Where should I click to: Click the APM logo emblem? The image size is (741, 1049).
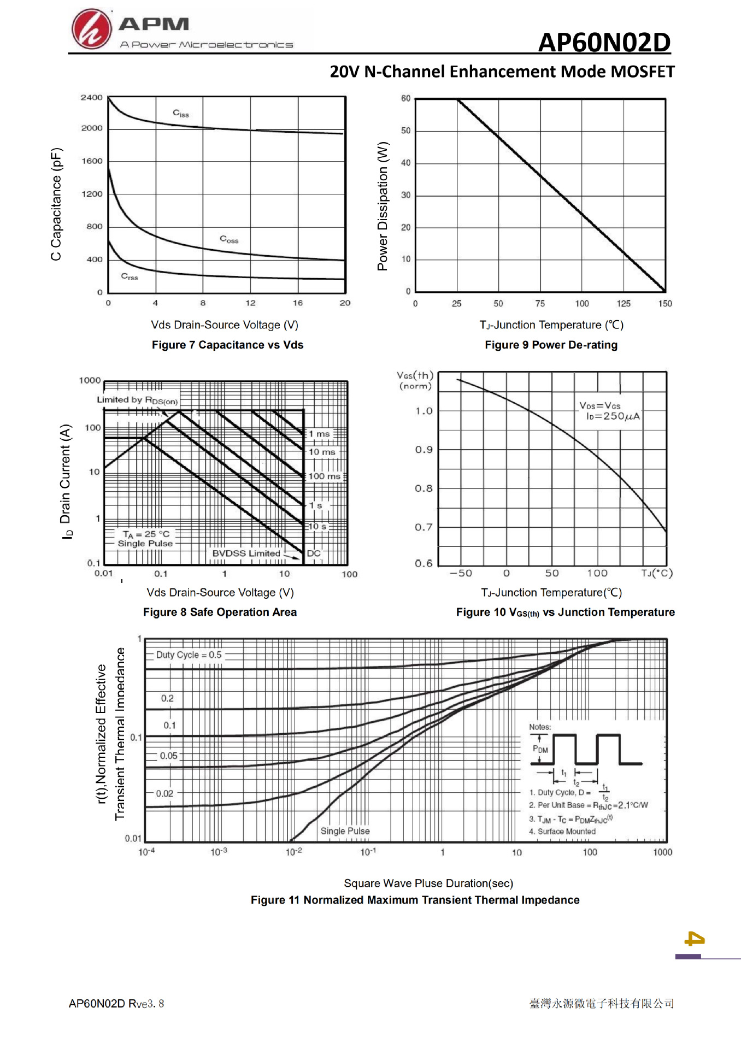click(x=91, y=30)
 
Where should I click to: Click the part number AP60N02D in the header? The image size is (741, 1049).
click(x=604, y=42)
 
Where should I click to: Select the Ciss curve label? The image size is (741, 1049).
click(x=181, y=114)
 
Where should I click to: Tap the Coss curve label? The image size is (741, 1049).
click(x=229, y=239)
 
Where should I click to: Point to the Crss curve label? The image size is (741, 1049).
click(x=130, y=276)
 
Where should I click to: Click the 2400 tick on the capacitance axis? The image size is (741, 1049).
click(x=91, y=98)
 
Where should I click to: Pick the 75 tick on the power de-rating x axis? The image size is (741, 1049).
click(x=540, y=304)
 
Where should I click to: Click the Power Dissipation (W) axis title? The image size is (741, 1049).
click(x=383, y=206)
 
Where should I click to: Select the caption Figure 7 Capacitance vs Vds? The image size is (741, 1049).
click(x=227, y=345)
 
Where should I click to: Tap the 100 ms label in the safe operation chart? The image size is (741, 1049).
click(x=324, y=476)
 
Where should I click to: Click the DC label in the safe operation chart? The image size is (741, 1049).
click(x=314, y=553)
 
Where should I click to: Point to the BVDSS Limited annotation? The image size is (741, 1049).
click(x=246, y=553)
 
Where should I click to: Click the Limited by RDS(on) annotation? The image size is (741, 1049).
click(x=137, y=400)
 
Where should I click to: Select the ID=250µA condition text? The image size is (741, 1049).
click(x=613, y=416)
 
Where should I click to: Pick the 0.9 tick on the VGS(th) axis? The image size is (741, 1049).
click(x=424, y=450)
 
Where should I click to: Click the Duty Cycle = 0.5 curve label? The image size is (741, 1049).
click(x=189, y=655)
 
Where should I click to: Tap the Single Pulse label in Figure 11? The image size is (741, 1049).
click(x=345, y=831)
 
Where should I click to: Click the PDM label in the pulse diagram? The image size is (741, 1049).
click(x=540, y=749)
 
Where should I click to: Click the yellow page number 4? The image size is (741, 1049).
click(x=695, y=939)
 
